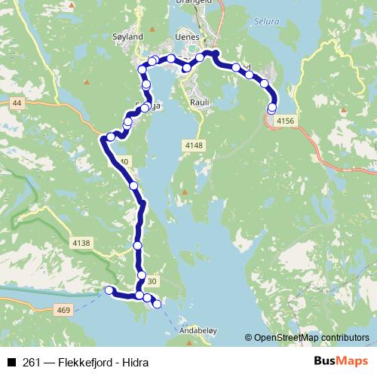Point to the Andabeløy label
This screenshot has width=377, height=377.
(x=198, y=329)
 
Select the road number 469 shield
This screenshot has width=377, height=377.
(x=63, y=309)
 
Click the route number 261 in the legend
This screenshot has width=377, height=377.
(x=31, y=363)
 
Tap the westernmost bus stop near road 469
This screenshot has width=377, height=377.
(x=109, y=290)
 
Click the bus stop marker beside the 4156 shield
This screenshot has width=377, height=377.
(x=271, y=110)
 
